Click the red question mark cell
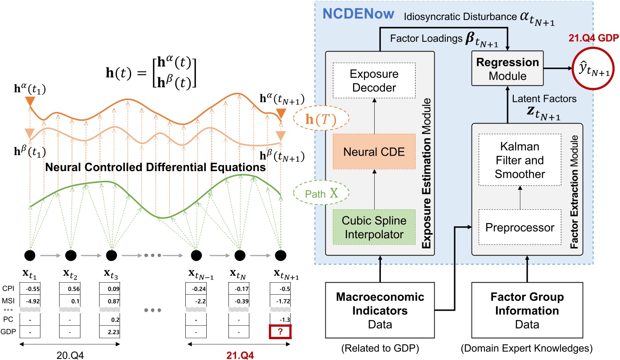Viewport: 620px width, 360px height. (x=280, y=332)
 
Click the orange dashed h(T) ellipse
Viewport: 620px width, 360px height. (x=322, y=120)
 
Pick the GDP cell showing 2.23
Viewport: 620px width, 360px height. (x=111, y=332)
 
